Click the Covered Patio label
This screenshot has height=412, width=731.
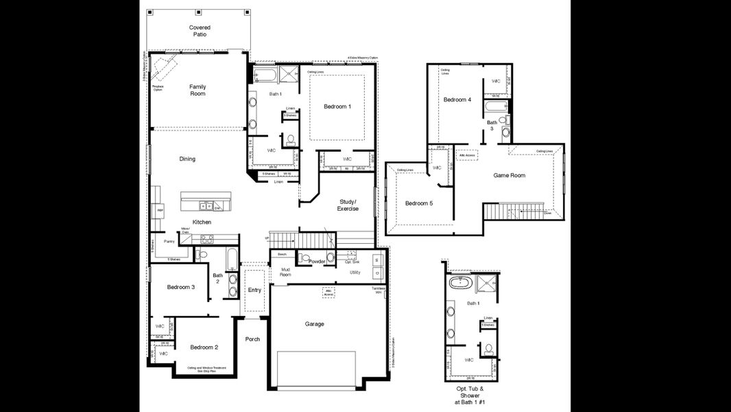tap(200, 31)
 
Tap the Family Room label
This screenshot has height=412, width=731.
tap(197, 90)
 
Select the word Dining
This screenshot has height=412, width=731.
tap(187, 159)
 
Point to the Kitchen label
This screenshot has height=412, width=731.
tap(202, 222)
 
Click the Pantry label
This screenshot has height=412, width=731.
tap(168, 242)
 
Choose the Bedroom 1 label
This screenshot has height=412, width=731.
tap(337, 106)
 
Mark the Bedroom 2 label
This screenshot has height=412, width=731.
tap(204, 347)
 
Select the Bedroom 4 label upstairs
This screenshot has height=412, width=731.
tap(457, 100)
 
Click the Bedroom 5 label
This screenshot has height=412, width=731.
tap(418, 203)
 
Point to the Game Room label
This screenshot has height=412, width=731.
tap(509, 175)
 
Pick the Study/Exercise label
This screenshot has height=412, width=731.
tap(348, 205)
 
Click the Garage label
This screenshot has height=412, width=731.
tap(314, 323)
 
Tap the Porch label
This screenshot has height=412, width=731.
tap(253, 339)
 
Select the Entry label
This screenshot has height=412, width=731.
tap(254, 290)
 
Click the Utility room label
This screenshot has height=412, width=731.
tap(355, 273)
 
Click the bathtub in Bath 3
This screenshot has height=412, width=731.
tap(496, 106)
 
